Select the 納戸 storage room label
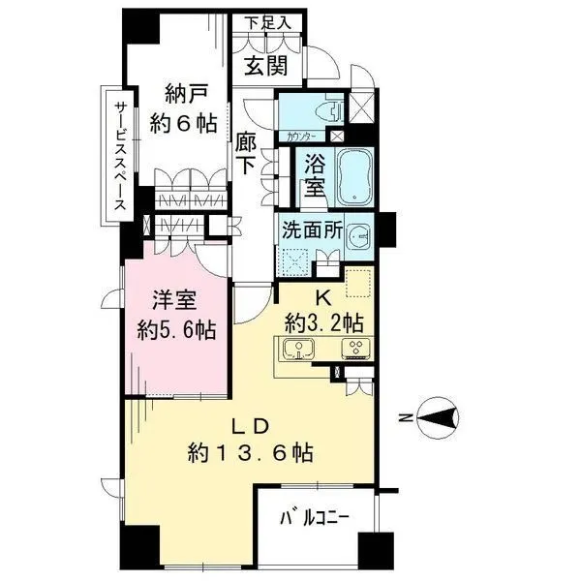(x=179, y=95)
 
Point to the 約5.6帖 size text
(x=174, y=329)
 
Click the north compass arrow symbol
(x=441, y=419)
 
